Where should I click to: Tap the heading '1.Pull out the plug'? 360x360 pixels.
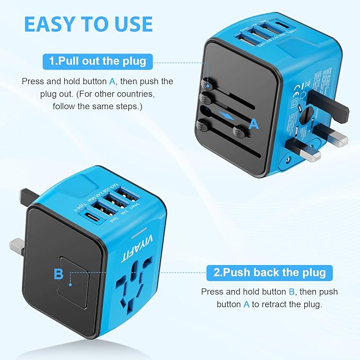pos(97,61)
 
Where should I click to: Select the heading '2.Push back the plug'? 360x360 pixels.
pos(269,273)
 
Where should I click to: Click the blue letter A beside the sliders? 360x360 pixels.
pos(254,124)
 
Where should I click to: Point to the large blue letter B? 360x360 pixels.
pos(58,274)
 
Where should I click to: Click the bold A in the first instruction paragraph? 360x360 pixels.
pos(112,82)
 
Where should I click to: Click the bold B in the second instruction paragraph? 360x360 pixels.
pos(291,292)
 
